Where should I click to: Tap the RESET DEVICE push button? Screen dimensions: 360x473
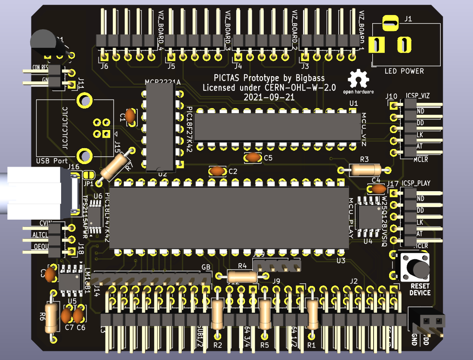[x=415, y=267]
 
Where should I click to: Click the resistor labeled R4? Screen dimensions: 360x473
[x=243, y=276]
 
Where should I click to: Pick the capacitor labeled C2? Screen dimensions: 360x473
[x=218, y=171]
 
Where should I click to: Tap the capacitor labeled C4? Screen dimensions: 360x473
[x=378, y=189]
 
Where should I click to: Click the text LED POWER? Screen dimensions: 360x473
[x=404, y=71]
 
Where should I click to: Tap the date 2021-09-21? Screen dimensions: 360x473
[x=269, y=97]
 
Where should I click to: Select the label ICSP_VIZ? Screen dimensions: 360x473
[x=417, y=96]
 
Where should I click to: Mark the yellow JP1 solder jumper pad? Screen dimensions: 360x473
[x=89, y=175]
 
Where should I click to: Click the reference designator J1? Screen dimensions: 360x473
[x=408, y=19]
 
